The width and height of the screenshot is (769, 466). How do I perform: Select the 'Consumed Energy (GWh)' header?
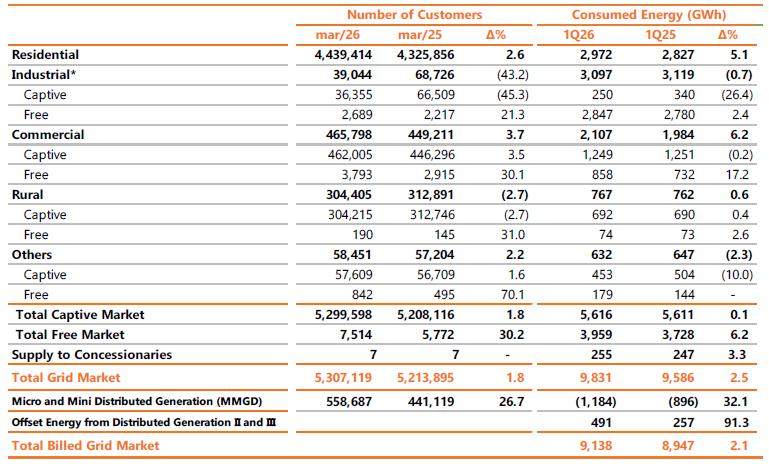[x=648, y=15]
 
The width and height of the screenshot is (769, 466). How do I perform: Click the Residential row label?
[x=45, y=55]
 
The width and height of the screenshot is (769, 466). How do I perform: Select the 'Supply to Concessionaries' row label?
[x=92, y=355]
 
